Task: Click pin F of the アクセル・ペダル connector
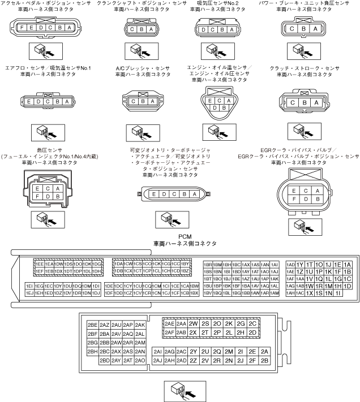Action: pos(22,28)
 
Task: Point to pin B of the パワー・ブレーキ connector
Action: pos(306,29)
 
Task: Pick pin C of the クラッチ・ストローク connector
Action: pos(293,102)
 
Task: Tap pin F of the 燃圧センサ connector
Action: pos(37,197)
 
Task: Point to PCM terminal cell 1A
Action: pos(347,264)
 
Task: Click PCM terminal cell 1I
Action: pos(338,293)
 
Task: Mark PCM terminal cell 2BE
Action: pos(92,325)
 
